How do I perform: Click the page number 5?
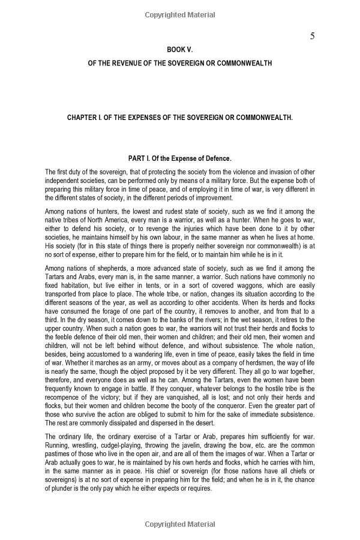[x=312, y=36]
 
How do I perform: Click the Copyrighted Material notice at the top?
[x=180, y=13]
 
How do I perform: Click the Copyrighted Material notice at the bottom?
[x=180, y=524]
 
